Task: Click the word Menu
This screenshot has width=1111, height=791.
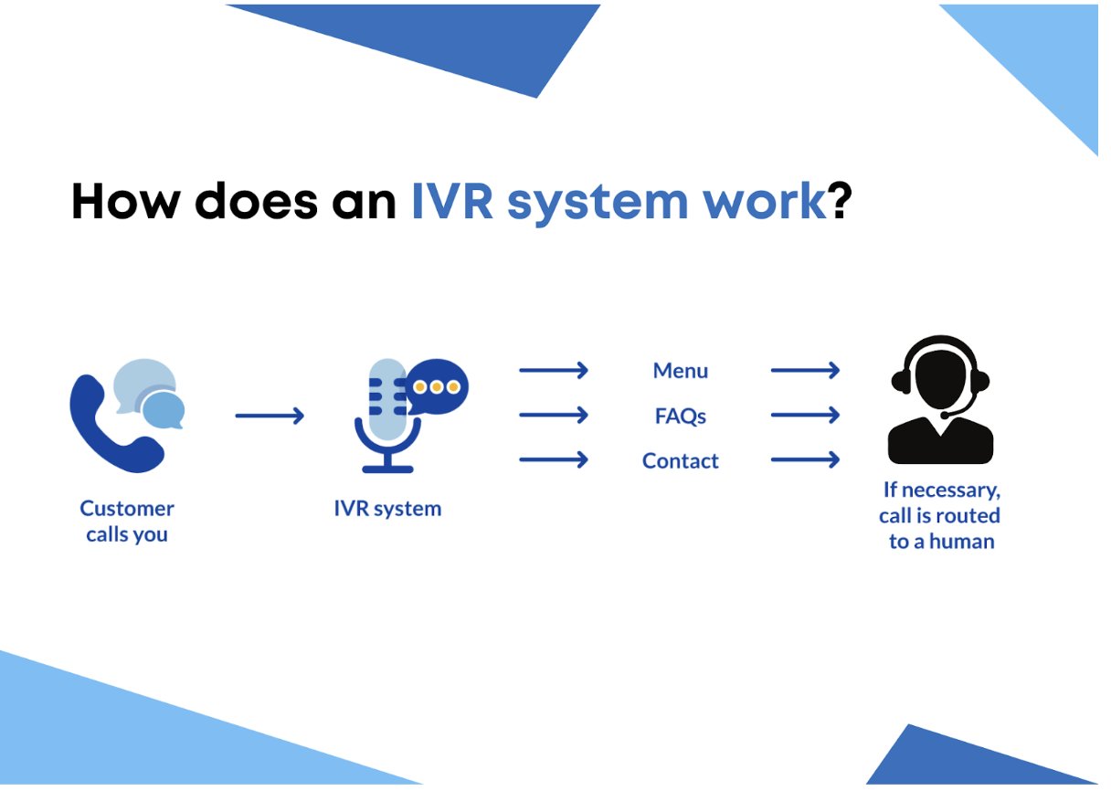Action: (x=680, y=371)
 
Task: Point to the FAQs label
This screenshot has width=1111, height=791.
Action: (x=680, y=417)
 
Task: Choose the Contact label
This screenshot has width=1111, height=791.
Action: (x=680, y=461)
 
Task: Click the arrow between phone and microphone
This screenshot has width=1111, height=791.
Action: (x=270, y=417)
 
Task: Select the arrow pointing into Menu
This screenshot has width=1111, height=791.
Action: (x=554, y=371)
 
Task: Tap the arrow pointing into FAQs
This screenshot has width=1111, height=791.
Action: (x=554, y=416)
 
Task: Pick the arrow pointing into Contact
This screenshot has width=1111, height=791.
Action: (x=554, y=459)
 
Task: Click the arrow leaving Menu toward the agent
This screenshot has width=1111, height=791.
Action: (x=805, y=371)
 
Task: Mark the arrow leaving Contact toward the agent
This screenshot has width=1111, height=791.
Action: (x=805, y=459)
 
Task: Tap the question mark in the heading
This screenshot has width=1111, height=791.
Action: (x=840, y=201)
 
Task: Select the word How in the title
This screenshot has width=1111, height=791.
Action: (x=122, y=201)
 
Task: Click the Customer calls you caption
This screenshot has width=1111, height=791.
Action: (x=127, y=522)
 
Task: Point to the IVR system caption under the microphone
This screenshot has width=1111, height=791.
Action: (x=387, y=509)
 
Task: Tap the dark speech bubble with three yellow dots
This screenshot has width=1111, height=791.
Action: (x=437, y=386)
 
